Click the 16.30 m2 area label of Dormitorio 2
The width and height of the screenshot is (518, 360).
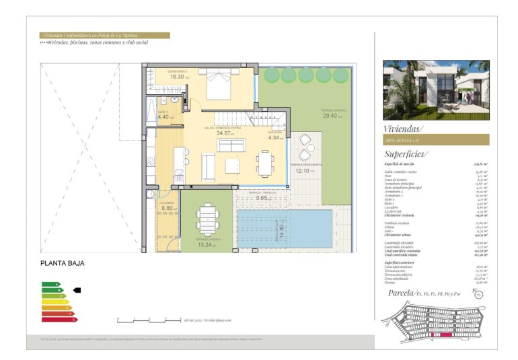(x=178, y=77)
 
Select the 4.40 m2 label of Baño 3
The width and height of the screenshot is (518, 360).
(x=165, y=117)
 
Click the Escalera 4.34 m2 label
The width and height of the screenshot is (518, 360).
(x=275, y=138)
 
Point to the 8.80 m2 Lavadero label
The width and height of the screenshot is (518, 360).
(x=168, y=209)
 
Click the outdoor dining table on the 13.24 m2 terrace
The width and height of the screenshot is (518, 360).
(x=207, y=218)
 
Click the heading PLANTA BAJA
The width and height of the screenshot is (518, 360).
(x=62, y=264)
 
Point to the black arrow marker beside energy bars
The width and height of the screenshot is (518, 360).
(x=77, y=291)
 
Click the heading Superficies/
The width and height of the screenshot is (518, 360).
(x=406, y=154)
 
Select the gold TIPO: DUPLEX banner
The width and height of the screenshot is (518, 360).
(x=435, y=140)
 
